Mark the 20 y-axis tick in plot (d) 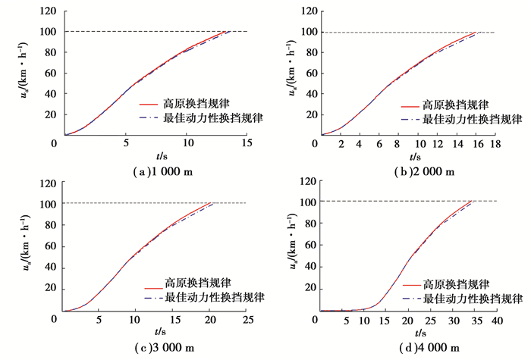[x=309, y=289]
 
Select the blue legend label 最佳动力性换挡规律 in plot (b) [x=472, y=119]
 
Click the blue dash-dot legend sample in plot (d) [x=403, y=299]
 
